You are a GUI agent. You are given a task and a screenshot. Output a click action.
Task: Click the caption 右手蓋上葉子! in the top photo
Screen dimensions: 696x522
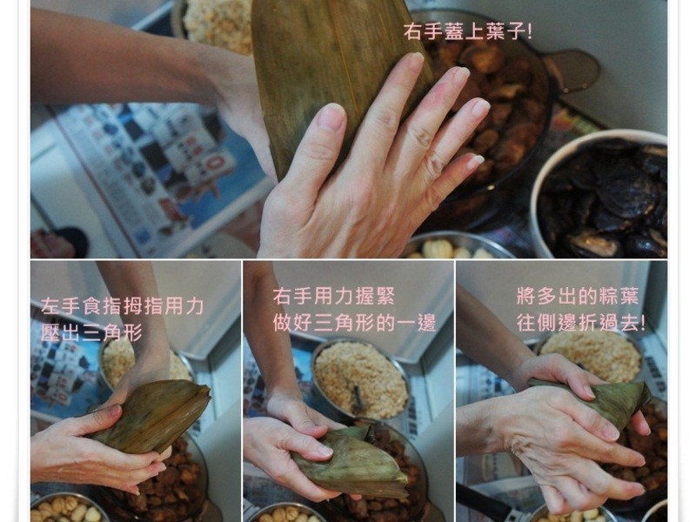467,32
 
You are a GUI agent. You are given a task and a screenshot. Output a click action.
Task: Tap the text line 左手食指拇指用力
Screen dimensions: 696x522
123,307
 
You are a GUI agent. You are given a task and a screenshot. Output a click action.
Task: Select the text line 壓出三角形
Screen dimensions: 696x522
91,332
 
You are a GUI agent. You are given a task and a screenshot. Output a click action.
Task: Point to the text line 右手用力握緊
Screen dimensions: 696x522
334,297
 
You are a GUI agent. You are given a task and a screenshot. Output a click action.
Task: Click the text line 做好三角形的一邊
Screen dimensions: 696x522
354,323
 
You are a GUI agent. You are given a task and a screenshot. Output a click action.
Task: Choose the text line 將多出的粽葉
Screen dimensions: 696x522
578,296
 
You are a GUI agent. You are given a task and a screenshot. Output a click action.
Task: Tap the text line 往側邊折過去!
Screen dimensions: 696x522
580,322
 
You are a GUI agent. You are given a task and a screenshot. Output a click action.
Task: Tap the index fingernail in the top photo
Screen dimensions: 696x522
416,61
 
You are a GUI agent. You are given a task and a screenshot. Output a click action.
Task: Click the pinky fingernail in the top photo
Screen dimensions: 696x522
475,162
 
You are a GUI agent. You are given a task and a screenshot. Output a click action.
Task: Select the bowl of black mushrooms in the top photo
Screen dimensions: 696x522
599,194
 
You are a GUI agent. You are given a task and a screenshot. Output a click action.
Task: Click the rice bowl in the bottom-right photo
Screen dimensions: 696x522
591,355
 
